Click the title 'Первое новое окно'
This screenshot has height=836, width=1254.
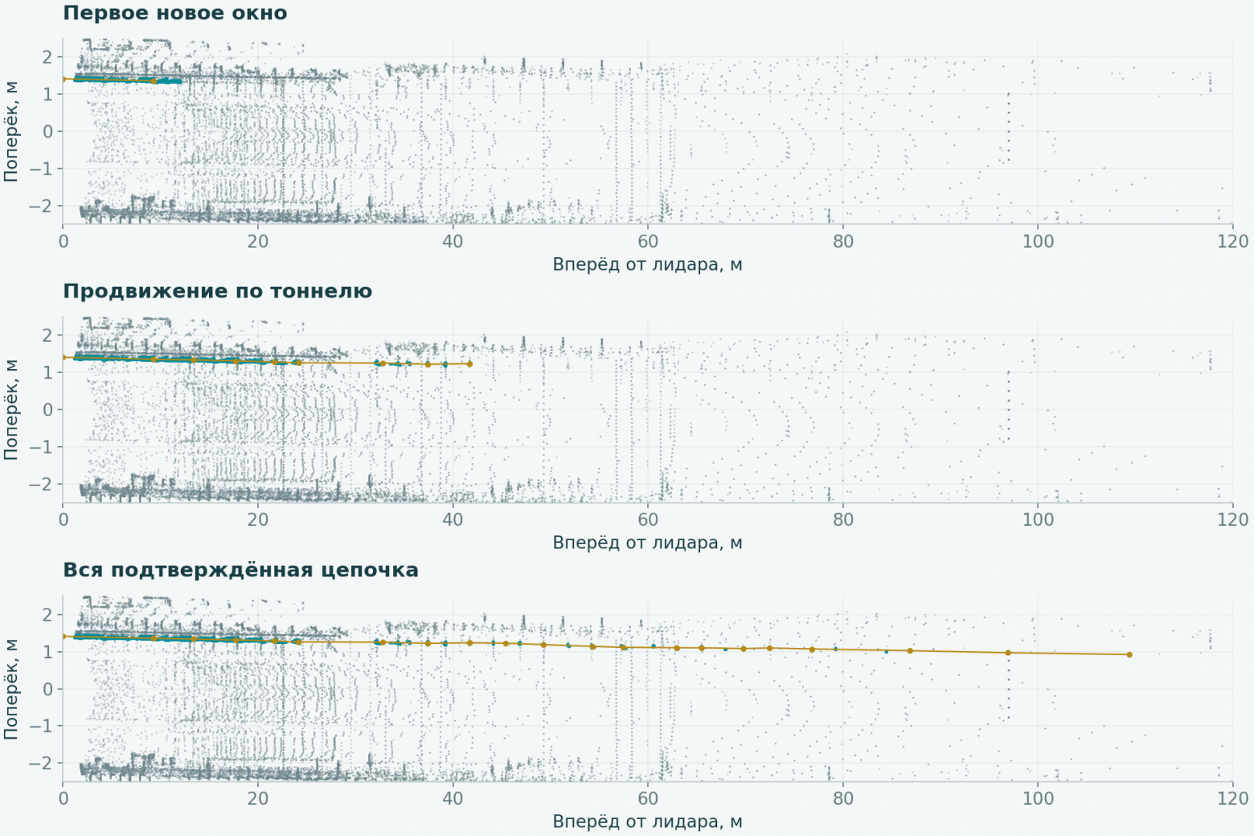(x=174, y=13)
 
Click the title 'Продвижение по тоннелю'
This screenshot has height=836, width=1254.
(x=217, y=291)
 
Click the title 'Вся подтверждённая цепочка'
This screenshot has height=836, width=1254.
(x=240, y=570)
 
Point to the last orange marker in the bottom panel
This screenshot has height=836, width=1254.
(x=1129, y=654)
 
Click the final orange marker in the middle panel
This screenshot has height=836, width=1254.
(x=469, y=364)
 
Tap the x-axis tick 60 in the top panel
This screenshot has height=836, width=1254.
(x=648, y=241)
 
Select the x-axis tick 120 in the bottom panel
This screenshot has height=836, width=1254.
(x=1233, y=798)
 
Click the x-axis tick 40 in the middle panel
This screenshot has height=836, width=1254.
(x=453, y=519)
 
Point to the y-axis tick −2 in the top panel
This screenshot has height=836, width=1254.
(x=41, y=206)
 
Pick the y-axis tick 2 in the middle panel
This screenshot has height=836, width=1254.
(x=48, y=335)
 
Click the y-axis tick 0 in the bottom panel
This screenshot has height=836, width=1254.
(x=48, y=689)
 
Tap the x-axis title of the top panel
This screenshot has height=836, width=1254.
(x=648, y=264)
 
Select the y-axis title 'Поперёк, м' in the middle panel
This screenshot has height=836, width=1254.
(x=10, y=409)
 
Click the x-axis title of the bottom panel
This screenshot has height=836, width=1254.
(x=648, y=822)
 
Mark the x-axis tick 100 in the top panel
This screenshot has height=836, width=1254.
(x=1038, y=241)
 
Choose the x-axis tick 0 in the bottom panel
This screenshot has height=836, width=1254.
(x=63, y=798)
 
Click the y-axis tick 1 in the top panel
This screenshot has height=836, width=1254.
(x=48, y=94)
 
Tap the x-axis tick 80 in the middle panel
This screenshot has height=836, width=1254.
(x=842, y=519)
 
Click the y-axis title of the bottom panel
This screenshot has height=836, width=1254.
(x=10, y=688)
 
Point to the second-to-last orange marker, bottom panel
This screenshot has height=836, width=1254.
(x=1008, y=653)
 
